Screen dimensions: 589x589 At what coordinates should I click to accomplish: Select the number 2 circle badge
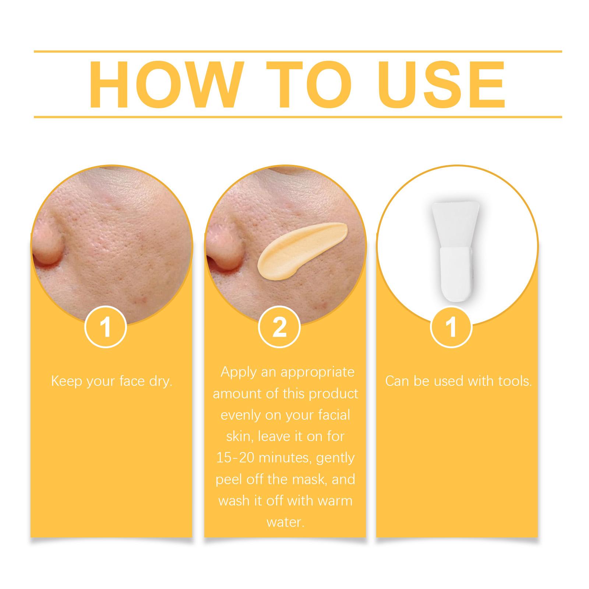pos(279,327)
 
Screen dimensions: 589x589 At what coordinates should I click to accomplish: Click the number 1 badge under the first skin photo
pos(106,327)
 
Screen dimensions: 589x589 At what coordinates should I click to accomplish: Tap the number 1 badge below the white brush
pos(451,327)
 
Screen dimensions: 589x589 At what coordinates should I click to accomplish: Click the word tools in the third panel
pos(515,381)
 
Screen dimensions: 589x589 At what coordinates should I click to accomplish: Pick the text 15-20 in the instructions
pos(235,458)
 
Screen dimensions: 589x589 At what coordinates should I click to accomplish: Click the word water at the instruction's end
pos(285,522)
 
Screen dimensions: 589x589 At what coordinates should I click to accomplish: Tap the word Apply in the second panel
pos(239,373)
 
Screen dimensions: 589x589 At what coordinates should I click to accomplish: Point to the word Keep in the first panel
pos(66,381)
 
